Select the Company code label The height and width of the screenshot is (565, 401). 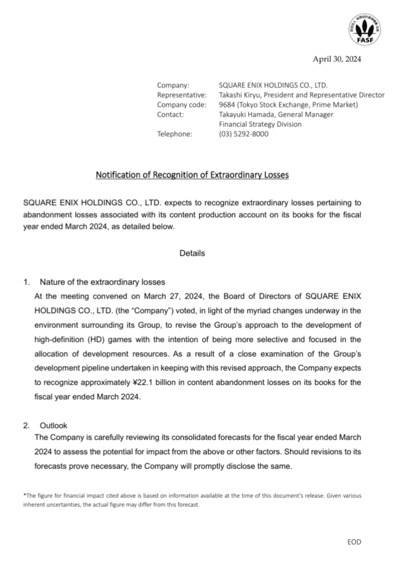pyautogui.click(x=181, y=105)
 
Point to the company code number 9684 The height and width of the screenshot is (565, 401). pyautogui.click(x=227, y=105)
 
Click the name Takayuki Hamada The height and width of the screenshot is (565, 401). pyautogui.click(x=246, y=115)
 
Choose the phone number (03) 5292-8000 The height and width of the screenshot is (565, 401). pyautogui.click(x=244, y=134)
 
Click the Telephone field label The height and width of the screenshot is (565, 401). pyautogui.click(x=175, y=134)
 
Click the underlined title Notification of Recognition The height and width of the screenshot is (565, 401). pyautogui.click(x=193, y=176)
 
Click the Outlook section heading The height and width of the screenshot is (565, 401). pyautogui.click(x=54, y=426)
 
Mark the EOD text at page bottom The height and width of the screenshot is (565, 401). pyautogui.click(x=354, y=542)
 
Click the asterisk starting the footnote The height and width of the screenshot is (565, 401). pyautogui.click(x=24, y=495)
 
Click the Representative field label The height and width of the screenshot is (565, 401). pyautogui.click(x=181, y=95)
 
